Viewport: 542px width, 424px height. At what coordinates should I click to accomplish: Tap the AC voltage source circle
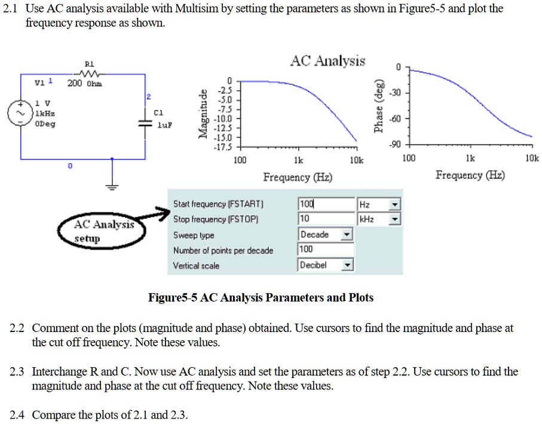[21, 112]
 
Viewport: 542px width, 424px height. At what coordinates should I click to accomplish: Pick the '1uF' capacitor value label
[164, 126]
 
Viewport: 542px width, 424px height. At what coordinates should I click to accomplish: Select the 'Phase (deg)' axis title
[378, 110]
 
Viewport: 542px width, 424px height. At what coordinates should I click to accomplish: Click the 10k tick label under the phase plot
[532, 158]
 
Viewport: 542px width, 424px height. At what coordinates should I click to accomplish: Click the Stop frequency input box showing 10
[325, 220]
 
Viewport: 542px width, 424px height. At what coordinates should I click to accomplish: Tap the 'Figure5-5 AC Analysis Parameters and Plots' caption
[261, 297]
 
